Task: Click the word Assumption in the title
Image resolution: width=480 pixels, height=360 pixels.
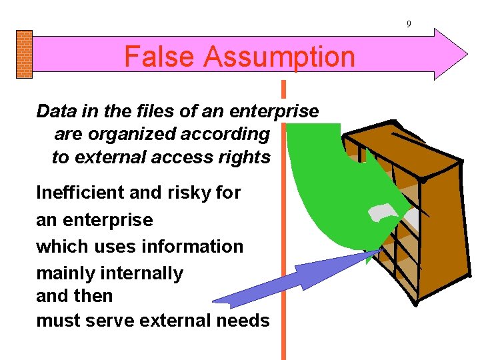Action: (x=279, y=57)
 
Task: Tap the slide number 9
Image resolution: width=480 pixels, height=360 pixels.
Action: (x=409, y=25)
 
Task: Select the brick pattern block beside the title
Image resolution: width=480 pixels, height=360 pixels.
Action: (x=23, y=54)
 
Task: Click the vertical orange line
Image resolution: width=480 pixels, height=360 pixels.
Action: (x=283, y=320)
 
